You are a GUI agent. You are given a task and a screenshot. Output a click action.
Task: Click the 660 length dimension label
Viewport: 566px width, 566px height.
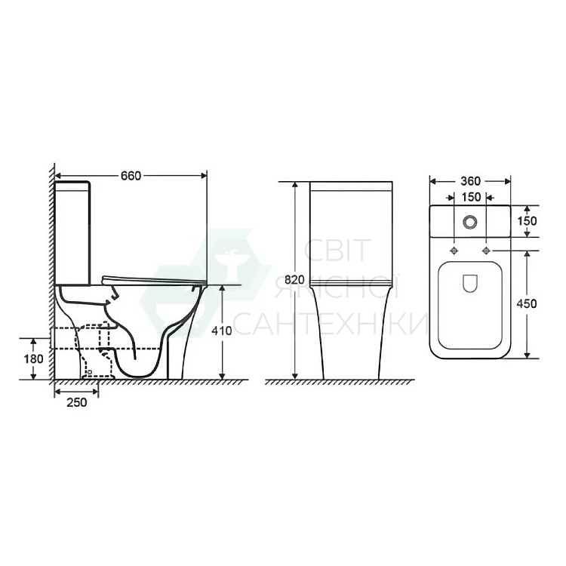tap(131, 176)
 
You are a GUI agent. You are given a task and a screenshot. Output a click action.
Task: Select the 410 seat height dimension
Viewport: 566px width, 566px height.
tap(222, 331)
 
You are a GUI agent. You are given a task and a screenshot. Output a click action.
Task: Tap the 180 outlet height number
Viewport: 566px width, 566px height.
tap(33, 358)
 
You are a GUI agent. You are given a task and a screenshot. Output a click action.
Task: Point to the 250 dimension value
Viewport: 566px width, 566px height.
tap(76, 402)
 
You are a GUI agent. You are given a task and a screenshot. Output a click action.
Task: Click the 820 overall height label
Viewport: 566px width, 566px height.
tap(294, 280)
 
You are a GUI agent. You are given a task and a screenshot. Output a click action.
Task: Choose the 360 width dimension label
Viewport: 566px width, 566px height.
tap(470, 181)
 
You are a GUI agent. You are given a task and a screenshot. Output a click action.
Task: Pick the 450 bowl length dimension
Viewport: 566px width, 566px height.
tap(527, 304)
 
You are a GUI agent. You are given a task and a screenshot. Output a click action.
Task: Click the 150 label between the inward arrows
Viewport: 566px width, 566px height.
tap(471, 197)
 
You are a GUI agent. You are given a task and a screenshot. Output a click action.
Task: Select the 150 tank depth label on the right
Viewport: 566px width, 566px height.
tap(528, 220)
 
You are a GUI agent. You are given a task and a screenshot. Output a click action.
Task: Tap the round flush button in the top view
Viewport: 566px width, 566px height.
tap(470, 222)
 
